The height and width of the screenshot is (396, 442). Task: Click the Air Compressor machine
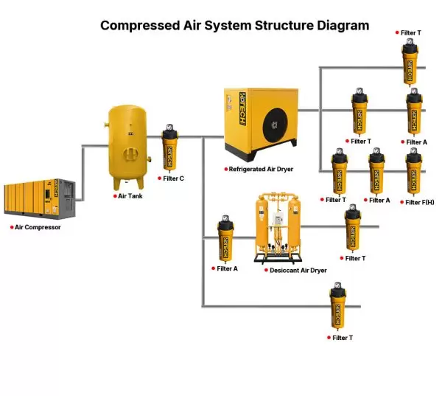39,197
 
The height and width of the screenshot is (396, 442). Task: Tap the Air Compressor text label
38,227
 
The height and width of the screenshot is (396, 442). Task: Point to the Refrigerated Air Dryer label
262,169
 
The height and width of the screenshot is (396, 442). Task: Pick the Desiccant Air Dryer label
298,271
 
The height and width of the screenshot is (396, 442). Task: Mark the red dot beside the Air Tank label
113,196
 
